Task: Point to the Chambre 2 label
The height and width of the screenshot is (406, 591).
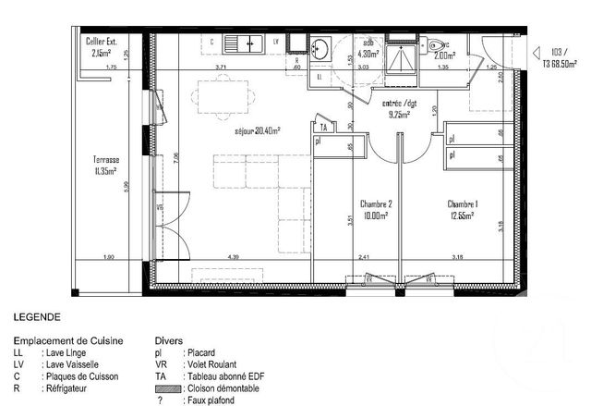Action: coord(377,209)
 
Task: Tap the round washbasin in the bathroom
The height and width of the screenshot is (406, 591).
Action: coord(320,49)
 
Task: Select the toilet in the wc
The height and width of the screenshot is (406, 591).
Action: coord(437,43)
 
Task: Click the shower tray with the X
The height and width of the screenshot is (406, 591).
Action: coord(401,55)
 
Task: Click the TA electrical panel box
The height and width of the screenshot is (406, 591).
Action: coord(322,127)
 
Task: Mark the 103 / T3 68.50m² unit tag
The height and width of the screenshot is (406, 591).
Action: coord(562,57)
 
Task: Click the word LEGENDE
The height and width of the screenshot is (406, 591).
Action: coord(37,316)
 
